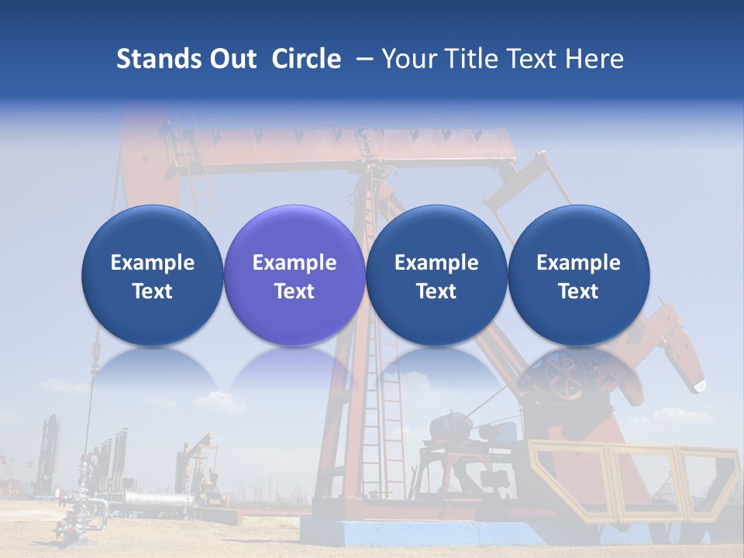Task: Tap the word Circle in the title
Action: click(x=306, y=59)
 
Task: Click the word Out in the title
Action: click(x=232, y=59)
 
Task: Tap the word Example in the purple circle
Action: click(x=294, y=263)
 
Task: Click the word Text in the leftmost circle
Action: click(x=152, y=291)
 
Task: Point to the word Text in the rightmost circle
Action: click(x=578, y=291)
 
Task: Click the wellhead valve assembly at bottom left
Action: click(x=77, y=515)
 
